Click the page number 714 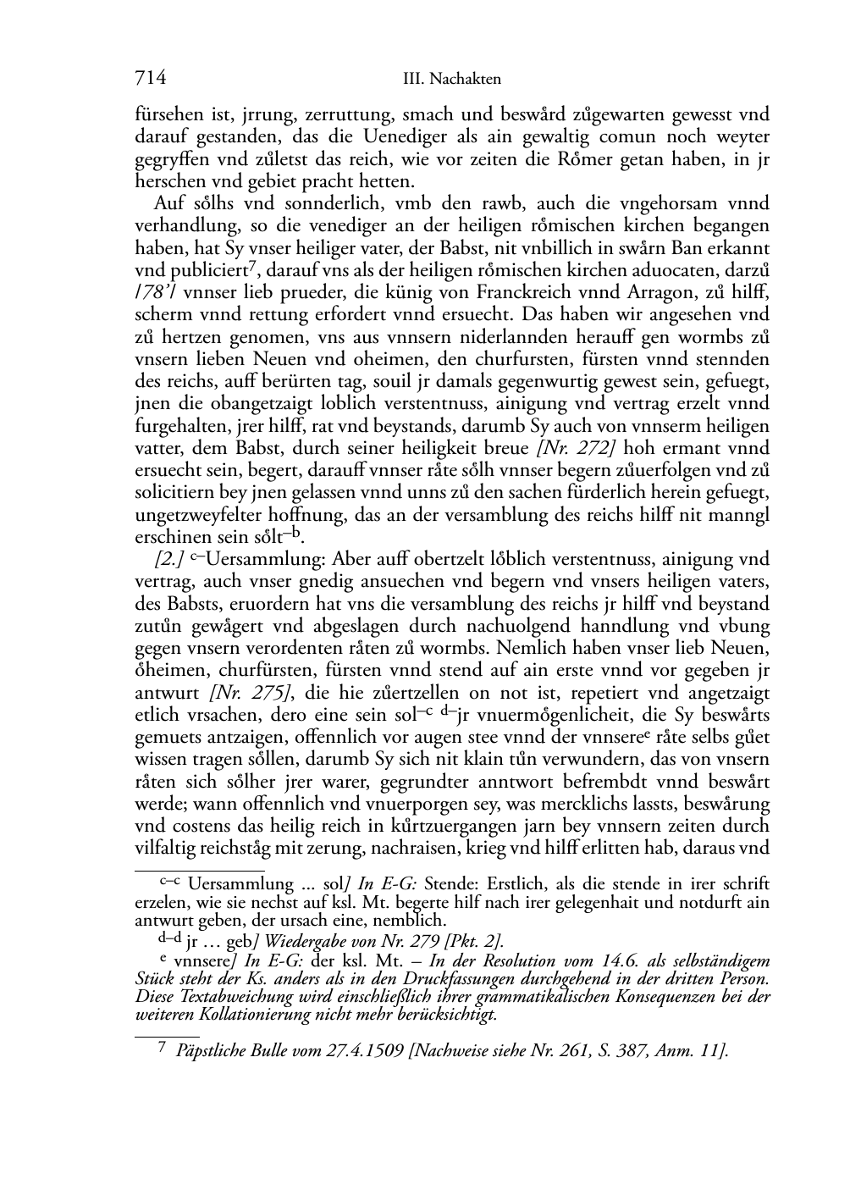pyautogui.click(x=150, y=78)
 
